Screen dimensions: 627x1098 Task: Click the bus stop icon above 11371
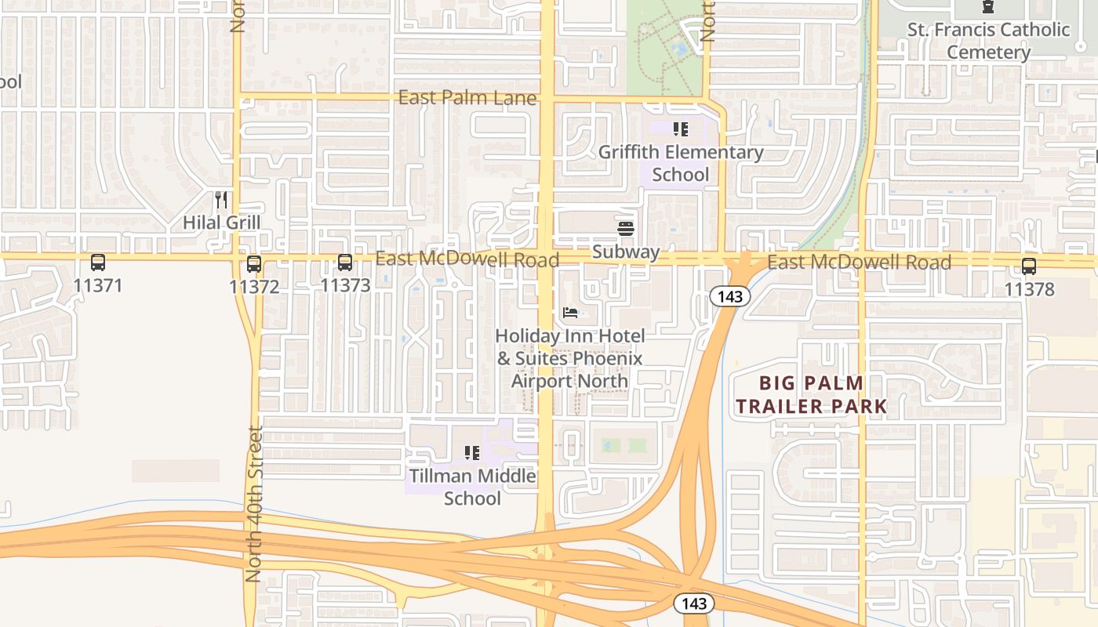click(x=98, y=263)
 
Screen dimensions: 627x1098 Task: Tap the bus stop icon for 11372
click(x=254, y=264)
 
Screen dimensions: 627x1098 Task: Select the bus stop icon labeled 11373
click(x=345, y=263)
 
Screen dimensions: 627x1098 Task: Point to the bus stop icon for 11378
click(x=1029, y=266)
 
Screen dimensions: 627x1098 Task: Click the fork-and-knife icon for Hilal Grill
click(x=221, y=200)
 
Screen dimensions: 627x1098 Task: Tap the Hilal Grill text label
click(x=221, y=223)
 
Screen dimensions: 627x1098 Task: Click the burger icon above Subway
click(x=626, y=229)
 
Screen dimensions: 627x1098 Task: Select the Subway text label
click(x=626, y=252)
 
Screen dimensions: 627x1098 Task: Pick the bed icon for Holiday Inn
click(x=570, y=313)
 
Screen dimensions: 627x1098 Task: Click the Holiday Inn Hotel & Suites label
click(x=570, y=358)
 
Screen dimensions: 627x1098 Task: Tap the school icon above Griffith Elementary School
click(x=681, y=129)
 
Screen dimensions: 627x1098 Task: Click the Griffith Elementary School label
click(x=681, y=163)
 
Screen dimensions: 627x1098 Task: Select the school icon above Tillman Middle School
click(x=471, y=452)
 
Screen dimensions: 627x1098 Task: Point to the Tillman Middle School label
click(x=472, y=487)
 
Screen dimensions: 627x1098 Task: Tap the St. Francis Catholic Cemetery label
click(x=988, y=41)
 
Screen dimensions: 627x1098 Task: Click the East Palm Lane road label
click(x=467, y=98)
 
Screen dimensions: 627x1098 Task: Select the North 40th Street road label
click(x=253, y=503)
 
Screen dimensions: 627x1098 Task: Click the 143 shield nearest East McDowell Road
click(x=730, y=296)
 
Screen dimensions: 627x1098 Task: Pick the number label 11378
click(x=1029, y=289)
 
